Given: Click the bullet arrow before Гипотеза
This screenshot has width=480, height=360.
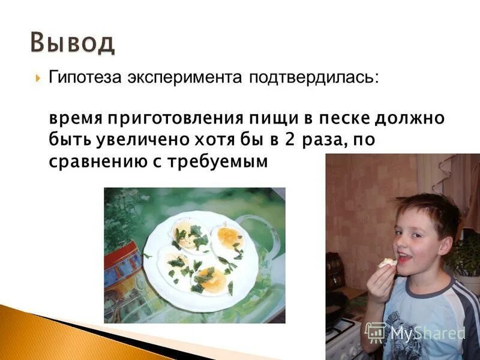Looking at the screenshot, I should [38, 79].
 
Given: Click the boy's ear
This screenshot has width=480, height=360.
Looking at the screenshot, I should [445, 246].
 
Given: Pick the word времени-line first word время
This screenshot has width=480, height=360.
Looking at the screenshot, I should [75, 118].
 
